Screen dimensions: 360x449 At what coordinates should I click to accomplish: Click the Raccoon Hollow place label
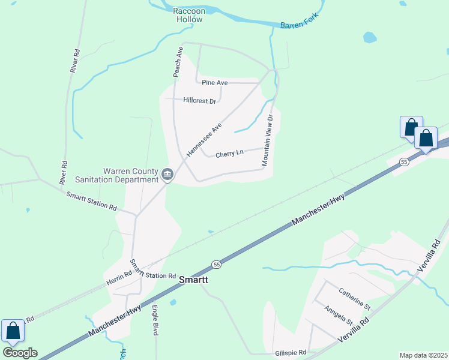click(188, 15)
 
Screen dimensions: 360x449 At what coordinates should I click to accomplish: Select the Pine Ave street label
click(214, 82)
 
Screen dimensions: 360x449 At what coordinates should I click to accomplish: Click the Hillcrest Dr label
click(199, 101)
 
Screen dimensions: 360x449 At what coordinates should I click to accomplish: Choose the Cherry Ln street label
click(229, 153)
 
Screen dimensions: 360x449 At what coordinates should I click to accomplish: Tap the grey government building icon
click(167, 175)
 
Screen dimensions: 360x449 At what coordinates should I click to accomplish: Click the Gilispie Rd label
click(291, 352)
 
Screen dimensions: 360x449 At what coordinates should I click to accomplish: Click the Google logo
click(20, 353)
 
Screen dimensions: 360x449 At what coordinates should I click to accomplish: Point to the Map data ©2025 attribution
click(423, 355)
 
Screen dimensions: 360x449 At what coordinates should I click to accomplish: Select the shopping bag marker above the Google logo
click(13, 331)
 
